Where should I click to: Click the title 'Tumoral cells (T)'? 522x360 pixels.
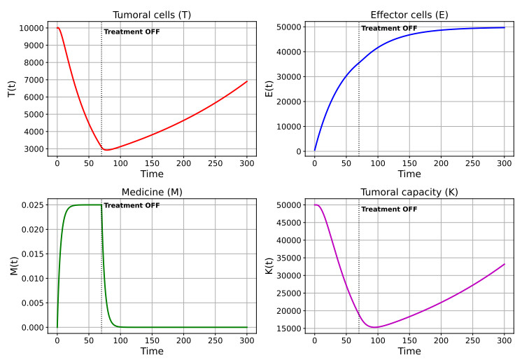152,15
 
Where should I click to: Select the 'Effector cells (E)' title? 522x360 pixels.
409,15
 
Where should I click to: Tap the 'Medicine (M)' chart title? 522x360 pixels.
152,193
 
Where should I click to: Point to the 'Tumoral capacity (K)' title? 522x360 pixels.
409,193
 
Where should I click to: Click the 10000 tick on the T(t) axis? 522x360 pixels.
31,28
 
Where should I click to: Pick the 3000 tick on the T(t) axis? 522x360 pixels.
34,149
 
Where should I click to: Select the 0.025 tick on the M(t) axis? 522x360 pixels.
33,205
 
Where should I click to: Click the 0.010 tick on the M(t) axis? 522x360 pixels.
33,278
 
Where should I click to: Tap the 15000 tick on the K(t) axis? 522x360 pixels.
288,328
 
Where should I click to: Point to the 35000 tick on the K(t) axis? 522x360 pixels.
288,258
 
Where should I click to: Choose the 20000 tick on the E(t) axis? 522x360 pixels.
288,102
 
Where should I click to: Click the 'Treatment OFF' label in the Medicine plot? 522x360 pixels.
132,205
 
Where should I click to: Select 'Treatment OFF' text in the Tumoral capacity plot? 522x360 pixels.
389,209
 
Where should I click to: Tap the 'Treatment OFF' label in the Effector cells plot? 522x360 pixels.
389,28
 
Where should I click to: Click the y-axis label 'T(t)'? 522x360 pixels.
12,89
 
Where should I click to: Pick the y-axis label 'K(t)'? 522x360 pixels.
269,266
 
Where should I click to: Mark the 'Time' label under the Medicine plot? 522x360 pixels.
152,351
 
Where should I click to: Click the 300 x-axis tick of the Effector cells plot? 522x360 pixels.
505,163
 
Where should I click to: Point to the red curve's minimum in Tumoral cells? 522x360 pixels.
106,150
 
